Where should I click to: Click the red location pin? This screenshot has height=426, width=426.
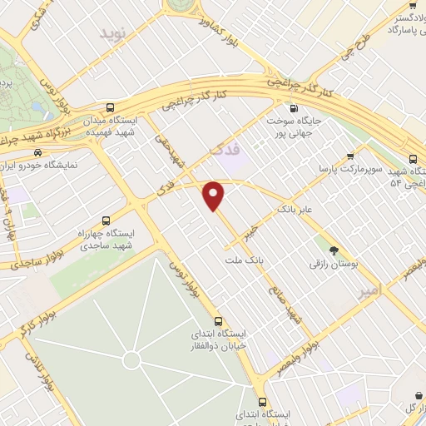coord(215,195)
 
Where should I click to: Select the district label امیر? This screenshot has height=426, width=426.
coord(368,291)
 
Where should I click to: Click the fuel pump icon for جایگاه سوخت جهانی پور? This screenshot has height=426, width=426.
coord(292,108)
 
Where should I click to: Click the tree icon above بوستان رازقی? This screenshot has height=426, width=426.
coord(334,250)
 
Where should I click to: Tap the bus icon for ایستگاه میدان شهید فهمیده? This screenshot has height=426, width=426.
coord(111,108)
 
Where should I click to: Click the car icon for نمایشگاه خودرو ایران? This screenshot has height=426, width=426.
coord(37,152)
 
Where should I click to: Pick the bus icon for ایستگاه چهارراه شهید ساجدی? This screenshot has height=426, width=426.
coord(105,220)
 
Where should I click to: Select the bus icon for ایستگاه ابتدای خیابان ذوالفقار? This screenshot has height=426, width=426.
coord(219,321)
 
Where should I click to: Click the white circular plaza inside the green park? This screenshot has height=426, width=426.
coord(131,359)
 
